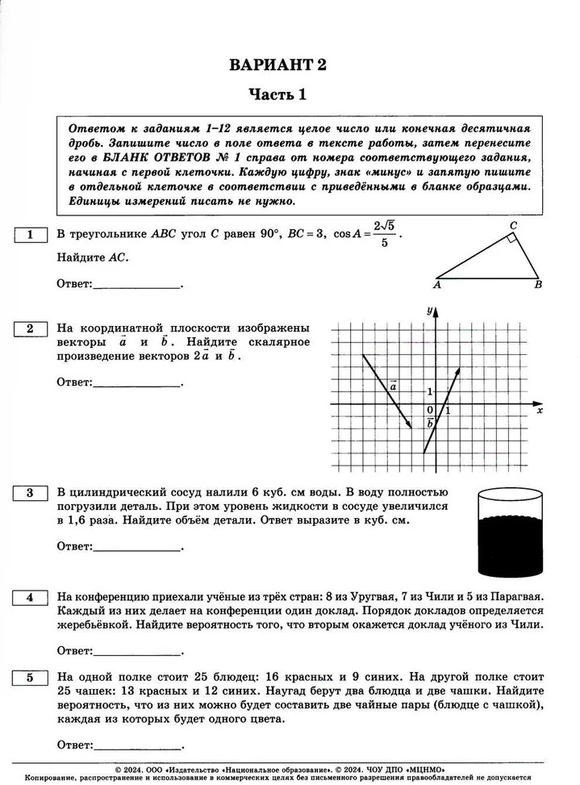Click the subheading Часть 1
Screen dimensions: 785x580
pos(277,95)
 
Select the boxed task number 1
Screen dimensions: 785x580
pos(30,235)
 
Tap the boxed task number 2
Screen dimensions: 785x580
pos(30,328)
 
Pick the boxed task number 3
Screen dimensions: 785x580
pos(30,493)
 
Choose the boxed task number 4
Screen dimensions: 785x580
pos(30,598)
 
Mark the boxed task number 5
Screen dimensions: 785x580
pos(30,678)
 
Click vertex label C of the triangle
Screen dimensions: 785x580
pos(513,225)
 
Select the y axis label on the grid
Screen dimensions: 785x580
pos(430,311)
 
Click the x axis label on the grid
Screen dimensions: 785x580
pos(539,410)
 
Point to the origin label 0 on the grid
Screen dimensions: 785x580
pos(430,410)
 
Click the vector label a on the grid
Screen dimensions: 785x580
pos(393,386)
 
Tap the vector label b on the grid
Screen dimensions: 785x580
pos(430,422)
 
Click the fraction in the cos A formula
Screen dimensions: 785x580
pos(386,234)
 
